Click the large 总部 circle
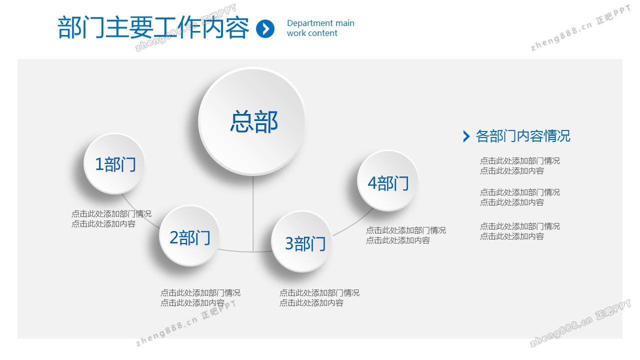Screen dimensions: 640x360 252,121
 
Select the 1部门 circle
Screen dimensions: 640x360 114,163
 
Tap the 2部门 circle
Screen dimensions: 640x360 189,236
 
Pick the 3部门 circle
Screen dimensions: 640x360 301,241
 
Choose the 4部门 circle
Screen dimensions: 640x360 387,181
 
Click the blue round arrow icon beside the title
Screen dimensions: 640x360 265,28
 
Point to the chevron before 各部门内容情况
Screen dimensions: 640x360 466,136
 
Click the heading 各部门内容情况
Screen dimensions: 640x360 523,136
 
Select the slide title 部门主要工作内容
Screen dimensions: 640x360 153,27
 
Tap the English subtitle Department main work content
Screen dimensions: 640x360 320,28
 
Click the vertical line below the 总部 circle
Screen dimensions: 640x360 253,213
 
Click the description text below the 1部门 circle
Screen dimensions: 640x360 111,219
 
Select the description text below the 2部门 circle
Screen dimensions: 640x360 200,297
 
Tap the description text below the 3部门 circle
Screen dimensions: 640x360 319,297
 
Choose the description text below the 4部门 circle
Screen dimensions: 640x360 406,235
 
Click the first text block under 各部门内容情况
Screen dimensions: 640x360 520,165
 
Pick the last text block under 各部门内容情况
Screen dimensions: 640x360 520,231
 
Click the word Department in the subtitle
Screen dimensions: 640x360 307,23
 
